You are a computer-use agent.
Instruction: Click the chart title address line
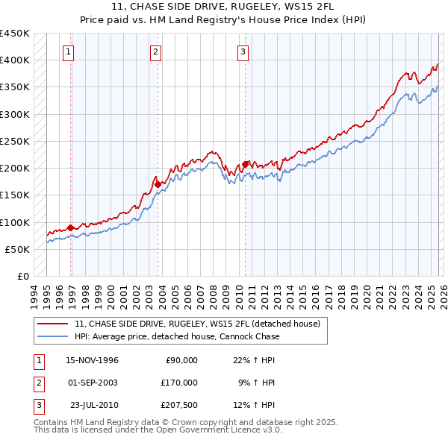tap(224, 6)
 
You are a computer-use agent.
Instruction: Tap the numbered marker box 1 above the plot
tap(69, 51)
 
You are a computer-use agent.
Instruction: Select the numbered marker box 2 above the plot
tap(155, 51)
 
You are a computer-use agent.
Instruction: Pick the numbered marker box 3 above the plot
tap(243, 51)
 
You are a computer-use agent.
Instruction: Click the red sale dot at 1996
tap(71, 227)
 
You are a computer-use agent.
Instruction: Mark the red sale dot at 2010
tap(246, 164)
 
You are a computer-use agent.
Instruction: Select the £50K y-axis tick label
tap(18, 249)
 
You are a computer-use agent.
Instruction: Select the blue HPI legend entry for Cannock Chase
tap(177, 336)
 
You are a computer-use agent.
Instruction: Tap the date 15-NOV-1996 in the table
tap(92, 360)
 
